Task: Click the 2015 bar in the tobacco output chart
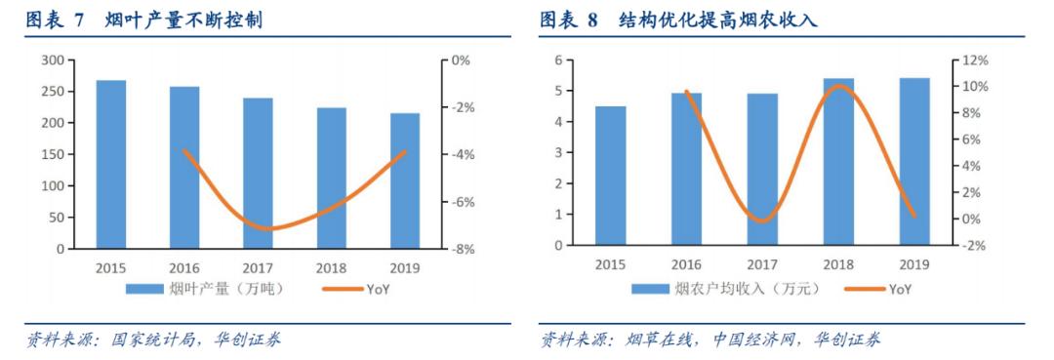pyautogui.click(x=111, y=165)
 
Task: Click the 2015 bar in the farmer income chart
pyautogui.click(x=611, y=176)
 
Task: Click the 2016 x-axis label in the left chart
pyautogui.click(x=184, y=267)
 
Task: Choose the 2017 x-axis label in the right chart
pyautogui.click(x=762, y=264)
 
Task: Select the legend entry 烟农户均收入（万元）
pyautogui.click(x=727, y=289)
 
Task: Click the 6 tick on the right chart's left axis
pyautogui.click(x=558, y=60)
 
